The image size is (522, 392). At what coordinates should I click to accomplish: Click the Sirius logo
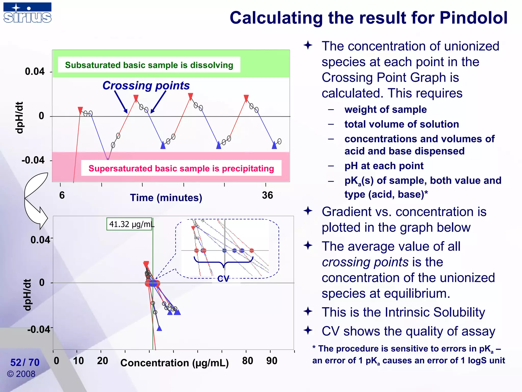click(x=27, y=13)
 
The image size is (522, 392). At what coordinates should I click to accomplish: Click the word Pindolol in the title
click(x=473, y=18)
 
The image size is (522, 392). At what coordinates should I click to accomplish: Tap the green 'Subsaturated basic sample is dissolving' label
click(x=149, y=65)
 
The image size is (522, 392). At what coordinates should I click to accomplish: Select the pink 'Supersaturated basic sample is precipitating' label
click(x=181, y=168)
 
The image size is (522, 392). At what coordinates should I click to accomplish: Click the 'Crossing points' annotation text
click(x=146, y=85)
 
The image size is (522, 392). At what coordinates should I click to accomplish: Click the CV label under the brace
click(x=223, y=279)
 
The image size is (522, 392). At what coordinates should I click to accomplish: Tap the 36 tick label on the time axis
click(x=267, y=195)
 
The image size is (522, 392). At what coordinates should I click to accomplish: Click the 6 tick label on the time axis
click(x=62, y=195)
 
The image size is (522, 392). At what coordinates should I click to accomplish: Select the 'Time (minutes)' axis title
click(x=166, y=198)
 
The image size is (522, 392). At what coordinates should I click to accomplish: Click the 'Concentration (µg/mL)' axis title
click(x=175, y=363)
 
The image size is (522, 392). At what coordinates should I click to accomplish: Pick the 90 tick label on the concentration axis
click(x=272, y=361)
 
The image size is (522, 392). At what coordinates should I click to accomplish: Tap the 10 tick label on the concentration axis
click(x=78, y=361)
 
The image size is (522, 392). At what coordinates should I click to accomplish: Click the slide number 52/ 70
click(x=25, y=362)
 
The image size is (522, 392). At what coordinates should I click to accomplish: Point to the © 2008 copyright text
click(x=21, y=374)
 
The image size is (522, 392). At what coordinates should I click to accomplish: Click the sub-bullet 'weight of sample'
click(x=385, y=109)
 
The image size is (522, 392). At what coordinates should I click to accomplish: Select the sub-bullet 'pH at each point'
click(x=384, y=166)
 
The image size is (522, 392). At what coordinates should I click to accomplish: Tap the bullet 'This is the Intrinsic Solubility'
click(x=403, y=312)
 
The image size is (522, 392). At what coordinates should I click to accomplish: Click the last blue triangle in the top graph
click(x=274, y=146)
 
